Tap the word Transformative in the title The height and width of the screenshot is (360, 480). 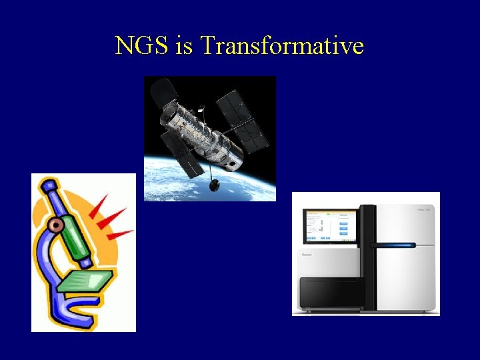281,45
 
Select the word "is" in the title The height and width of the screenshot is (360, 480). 183,45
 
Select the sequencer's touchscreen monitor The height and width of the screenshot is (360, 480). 331,226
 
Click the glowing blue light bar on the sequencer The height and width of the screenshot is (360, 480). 397,245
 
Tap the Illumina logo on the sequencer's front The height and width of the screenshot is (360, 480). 307,254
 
